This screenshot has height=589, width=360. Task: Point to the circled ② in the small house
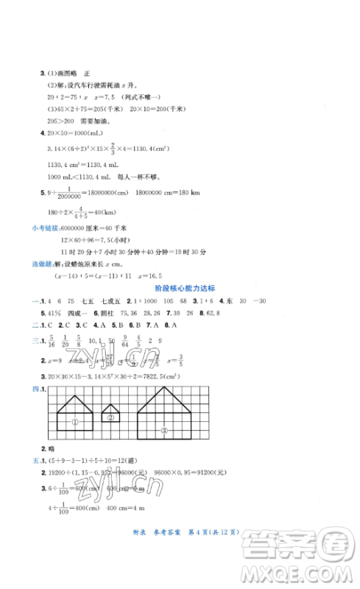[x=110, y=417]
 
